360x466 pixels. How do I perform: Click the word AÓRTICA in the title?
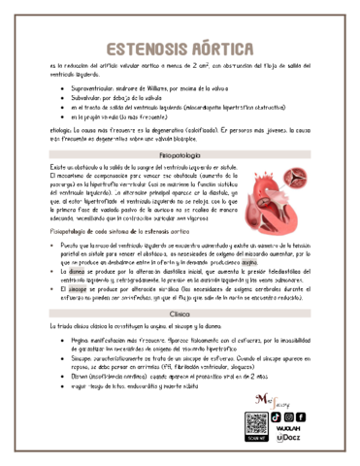click(x=218, y=48)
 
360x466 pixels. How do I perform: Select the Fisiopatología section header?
click(x=180, y=154)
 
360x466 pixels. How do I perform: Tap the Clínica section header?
click(x=180, y=316)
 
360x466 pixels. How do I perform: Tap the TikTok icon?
click(x=277, y=417)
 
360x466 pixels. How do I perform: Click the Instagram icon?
click(x=290, y=417)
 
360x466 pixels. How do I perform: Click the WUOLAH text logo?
click(x=289, y=429)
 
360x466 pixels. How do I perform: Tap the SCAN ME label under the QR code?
click(x=256, y=442)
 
